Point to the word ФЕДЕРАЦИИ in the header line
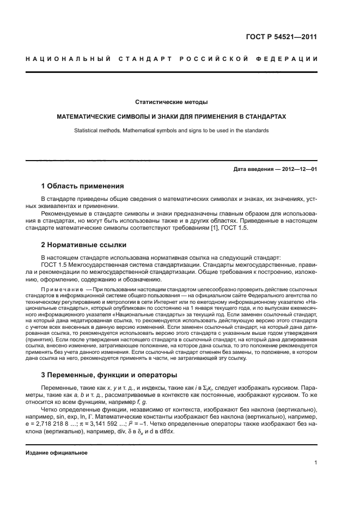(292, 58)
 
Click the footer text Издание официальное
(57, 452)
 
